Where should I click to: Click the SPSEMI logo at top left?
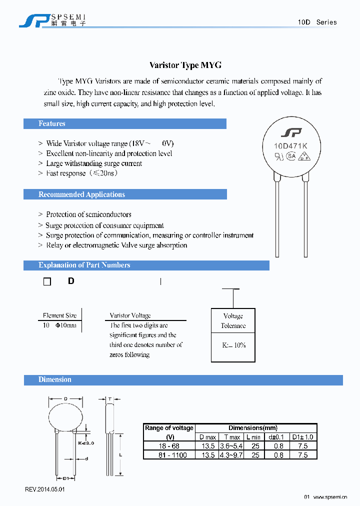pos(52,19)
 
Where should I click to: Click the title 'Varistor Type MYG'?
pos(185,65)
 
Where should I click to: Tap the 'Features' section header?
pos(52,123)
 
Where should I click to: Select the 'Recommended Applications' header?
pos(81,194)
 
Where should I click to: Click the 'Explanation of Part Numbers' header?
pos(84,265)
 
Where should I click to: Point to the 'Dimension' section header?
pos(55,379)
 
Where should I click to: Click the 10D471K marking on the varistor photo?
pos(290,146)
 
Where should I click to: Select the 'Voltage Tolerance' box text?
pos(233,320)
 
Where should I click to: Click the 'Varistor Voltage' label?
pos(130,315)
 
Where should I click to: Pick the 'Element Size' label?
pos(60,315)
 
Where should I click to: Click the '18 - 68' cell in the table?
pos(169,446)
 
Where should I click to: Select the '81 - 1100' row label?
pos(169,455)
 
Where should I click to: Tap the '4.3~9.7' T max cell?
pos(231,455)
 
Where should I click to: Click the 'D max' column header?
pos(207,437)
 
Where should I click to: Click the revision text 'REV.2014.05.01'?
pos(45,489)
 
